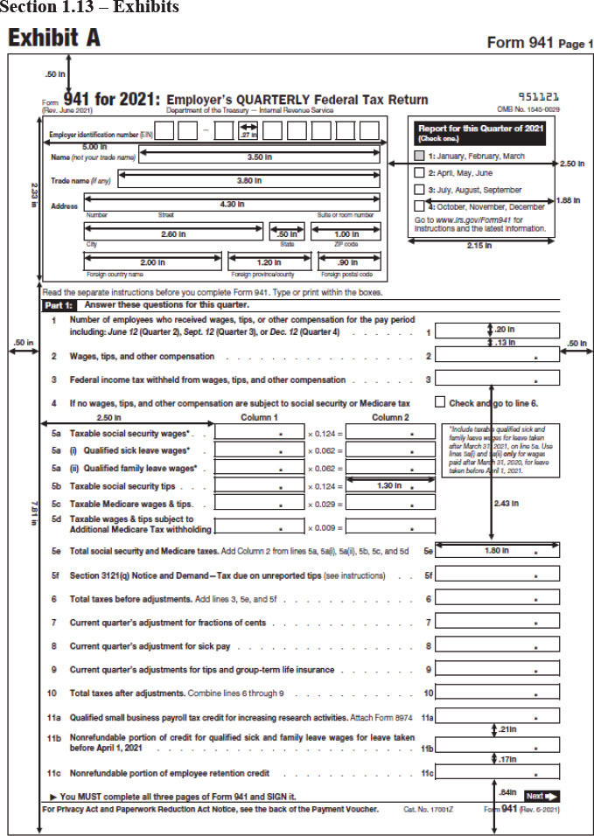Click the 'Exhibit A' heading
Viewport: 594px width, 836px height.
click(x=53, y=39)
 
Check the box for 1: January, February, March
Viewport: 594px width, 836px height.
click(x=419, y=156)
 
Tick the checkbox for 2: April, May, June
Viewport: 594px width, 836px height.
click(x=419, y=172)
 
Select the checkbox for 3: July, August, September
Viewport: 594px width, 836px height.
click(x=419, y=189)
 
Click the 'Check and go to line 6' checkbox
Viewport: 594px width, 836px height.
click(x=440, y=402)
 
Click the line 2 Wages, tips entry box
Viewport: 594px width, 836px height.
click(x=497, y=356)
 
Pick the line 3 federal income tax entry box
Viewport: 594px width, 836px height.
click(x=497, y=379)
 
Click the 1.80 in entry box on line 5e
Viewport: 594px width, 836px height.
click(x=497, y=551)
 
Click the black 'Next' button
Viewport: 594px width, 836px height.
click(x=542, y=796)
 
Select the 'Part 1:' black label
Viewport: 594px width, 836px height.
click(x=59, y=305)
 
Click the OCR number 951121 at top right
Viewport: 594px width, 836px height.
click(x=539, y=98)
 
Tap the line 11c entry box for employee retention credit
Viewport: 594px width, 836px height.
click(x=497, y=772)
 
